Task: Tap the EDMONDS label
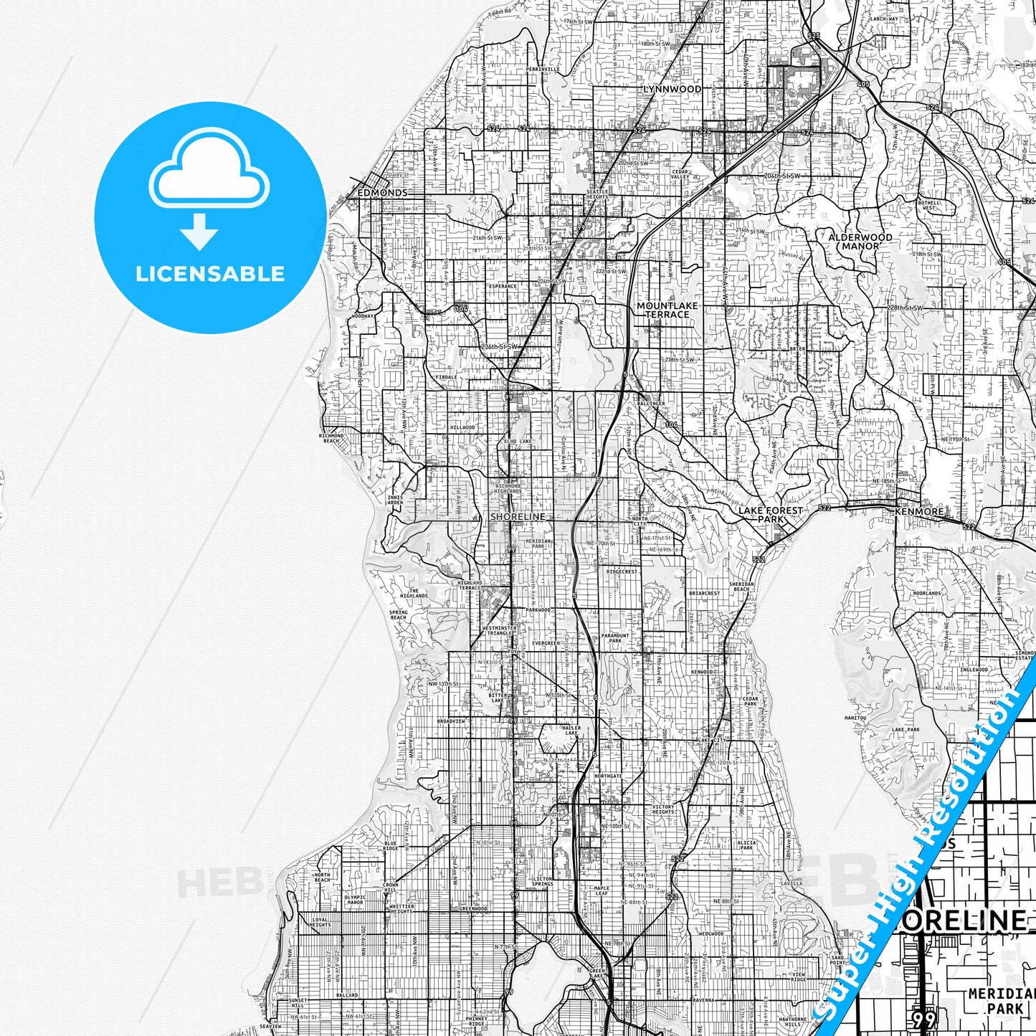(382, 193)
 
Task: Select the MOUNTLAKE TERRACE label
(667, 310)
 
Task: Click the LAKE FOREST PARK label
(771, 514)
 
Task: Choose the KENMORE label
(919, 512)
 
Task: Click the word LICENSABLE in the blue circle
(210, 273)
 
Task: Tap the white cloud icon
(209, 175)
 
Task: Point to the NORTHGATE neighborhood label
(609, 776)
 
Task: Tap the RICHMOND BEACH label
(331, 437)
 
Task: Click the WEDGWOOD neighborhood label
(711, 934)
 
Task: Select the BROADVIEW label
(452, 721)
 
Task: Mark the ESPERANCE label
(503, 286)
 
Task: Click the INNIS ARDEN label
(395, 499)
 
